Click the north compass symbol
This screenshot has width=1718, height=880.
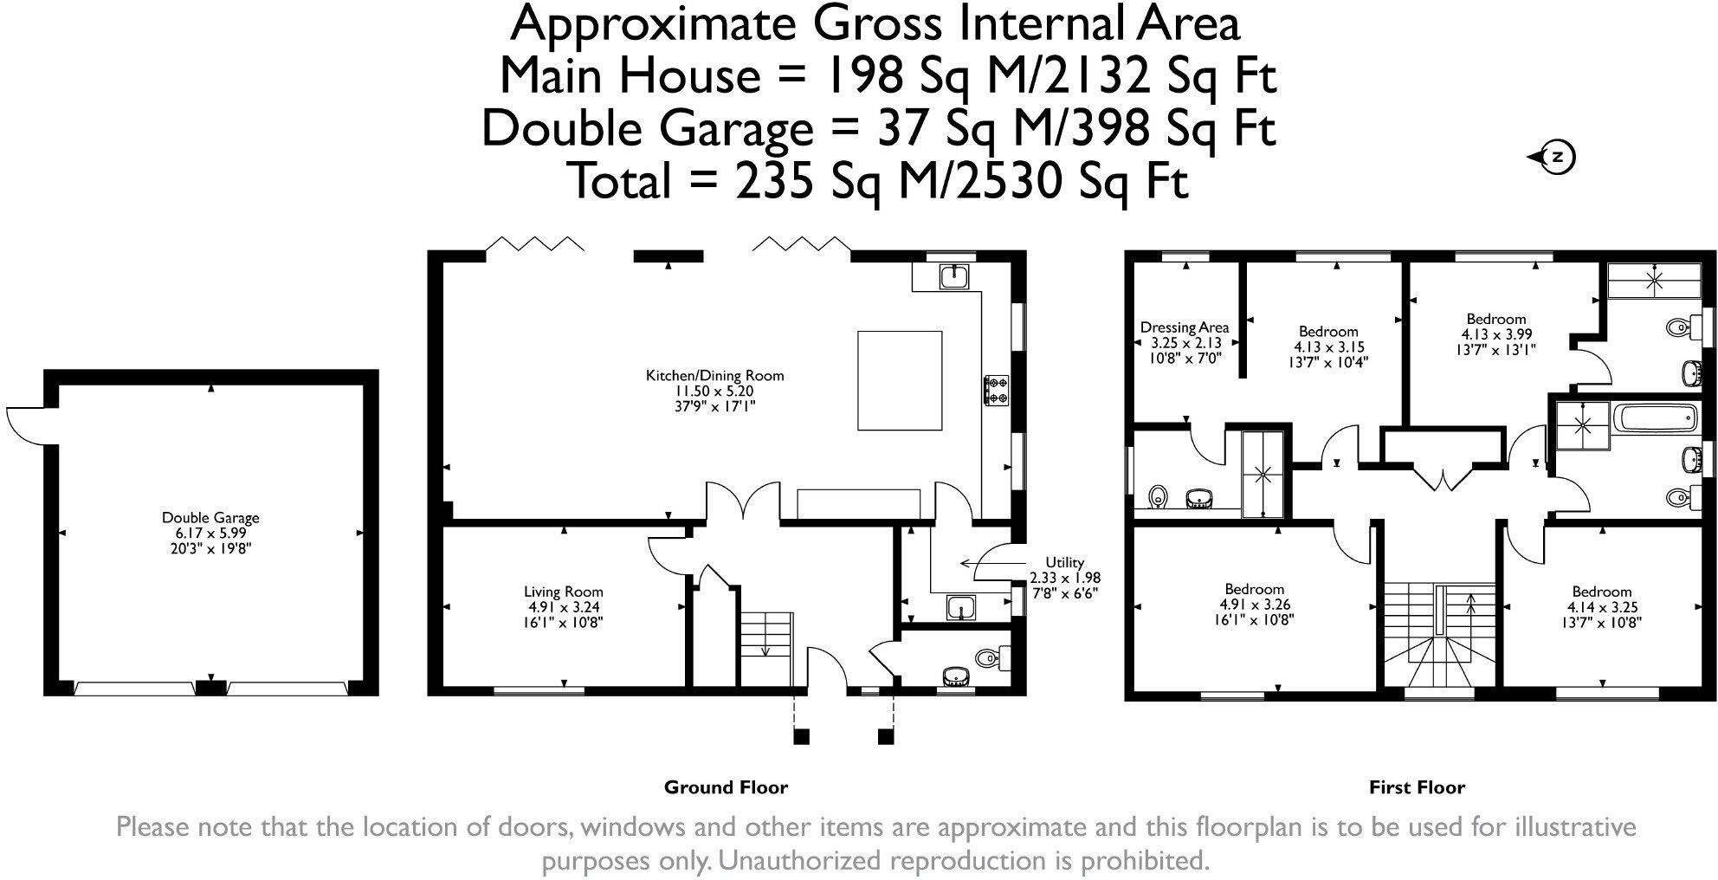click(1557, 158)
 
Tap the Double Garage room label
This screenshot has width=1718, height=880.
click(210, 518)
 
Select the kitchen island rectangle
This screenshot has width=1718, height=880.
click(900, 380)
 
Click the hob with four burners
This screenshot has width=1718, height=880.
click(996, 390)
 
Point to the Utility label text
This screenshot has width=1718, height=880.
click(1064, 562)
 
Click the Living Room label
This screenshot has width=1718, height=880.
click(563, 592)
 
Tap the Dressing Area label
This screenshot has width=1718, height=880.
click(1184, 327)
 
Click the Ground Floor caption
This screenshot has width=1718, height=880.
click(726, 787)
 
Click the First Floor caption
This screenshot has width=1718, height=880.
click(1417, 787)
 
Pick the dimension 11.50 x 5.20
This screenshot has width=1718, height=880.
click(714, 391)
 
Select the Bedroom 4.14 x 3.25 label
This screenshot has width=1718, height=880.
click(1602, 592)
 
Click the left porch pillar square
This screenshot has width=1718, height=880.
click(801, 736)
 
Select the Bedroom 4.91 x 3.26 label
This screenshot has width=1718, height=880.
click(1254, 589)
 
